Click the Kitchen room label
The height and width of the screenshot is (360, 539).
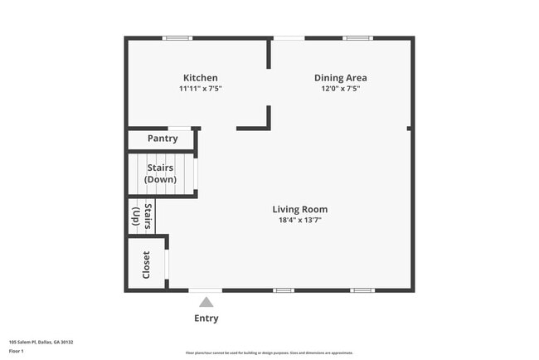point(201,78)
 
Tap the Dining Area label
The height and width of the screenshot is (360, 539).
point(340,78)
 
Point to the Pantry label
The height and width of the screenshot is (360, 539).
point(163,139)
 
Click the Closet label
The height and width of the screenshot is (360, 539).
point(147,265)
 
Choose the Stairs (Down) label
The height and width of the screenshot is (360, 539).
point(159,173)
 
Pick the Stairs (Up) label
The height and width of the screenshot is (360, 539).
point(142,216)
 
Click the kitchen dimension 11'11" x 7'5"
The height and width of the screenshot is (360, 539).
point(201,89)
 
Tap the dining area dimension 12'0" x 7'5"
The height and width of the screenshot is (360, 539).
point(341,89)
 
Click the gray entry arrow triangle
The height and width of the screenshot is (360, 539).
point(206,303)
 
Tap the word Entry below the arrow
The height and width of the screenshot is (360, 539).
point(206,319)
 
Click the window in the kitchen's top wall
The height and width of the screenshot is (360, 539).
point(177,38)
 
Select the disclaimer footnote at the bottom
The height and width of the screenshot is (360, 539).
point(269,353)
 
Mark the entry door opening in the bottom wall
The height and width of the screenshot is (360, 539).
point(206,290)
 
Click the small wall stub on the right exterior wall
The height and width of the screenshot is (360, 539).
point(410,128)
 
